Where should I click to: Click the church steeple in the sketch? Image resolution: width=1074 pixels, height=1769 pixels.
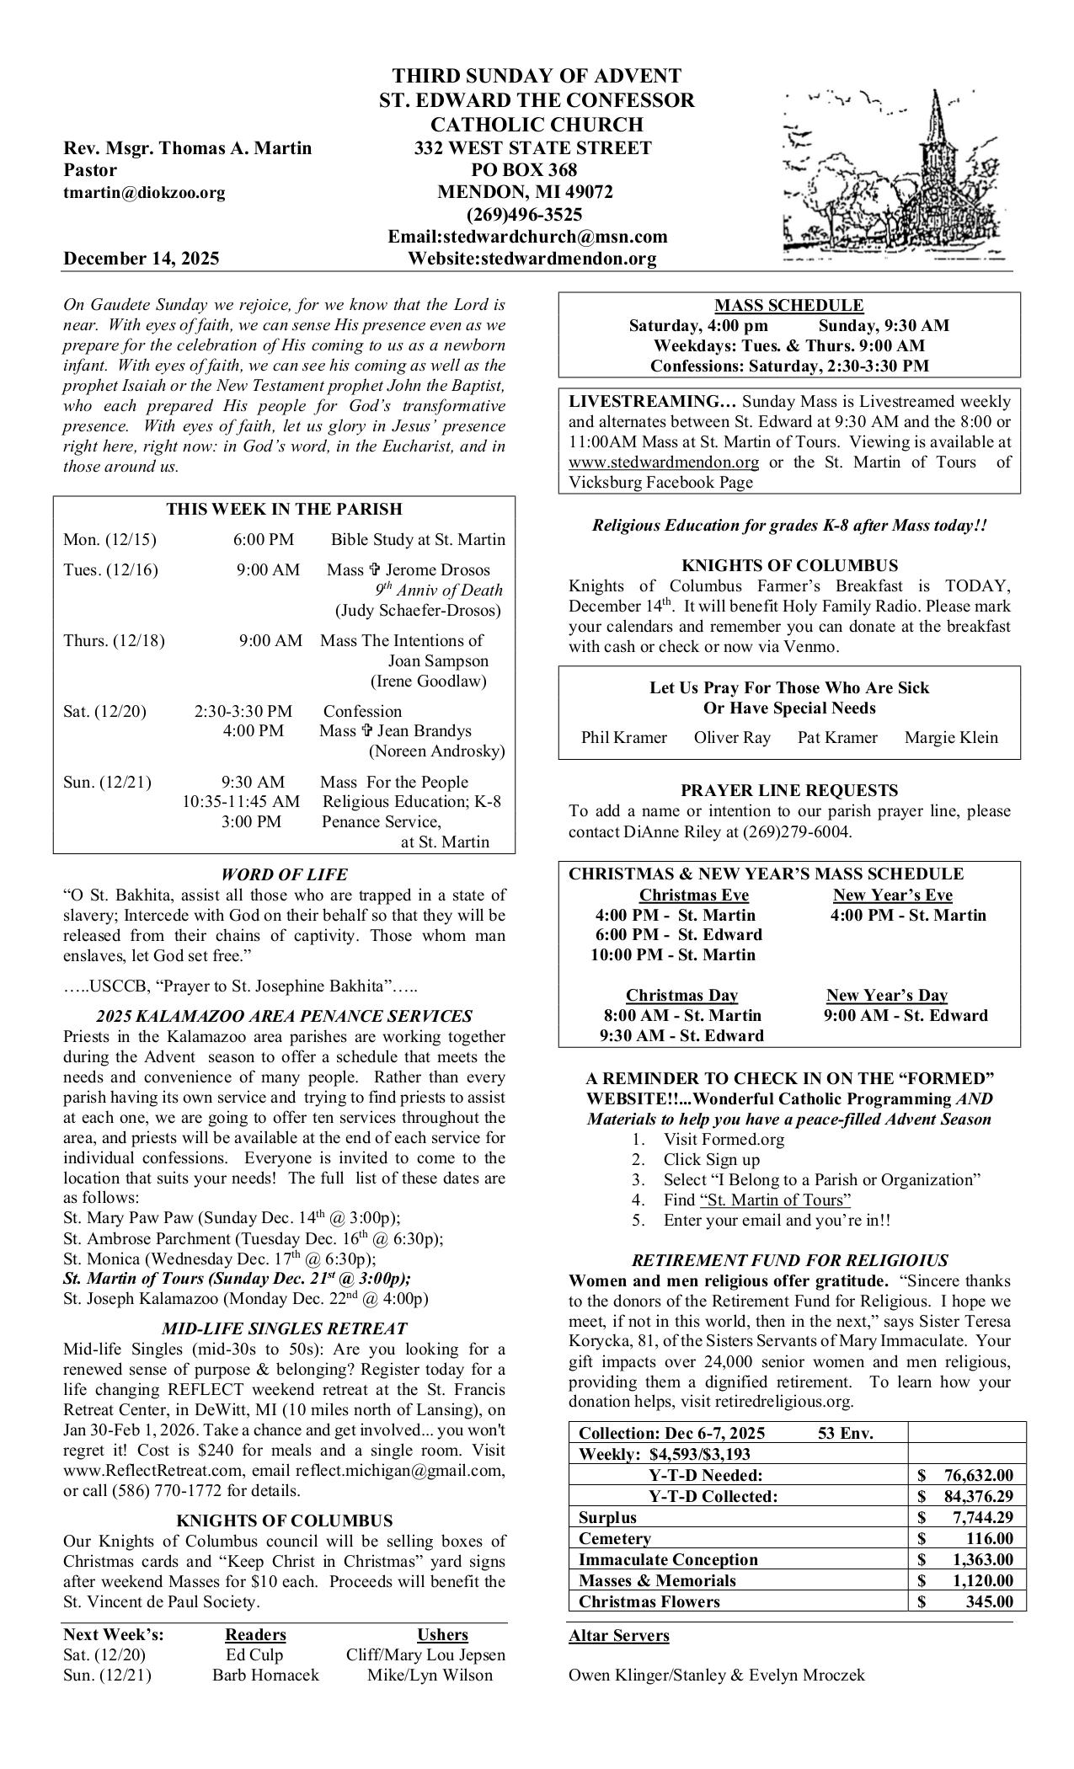[x=935, y=126]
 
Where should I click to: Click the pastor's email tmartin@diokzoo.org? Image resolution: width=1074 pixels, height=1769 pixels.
[x=144, y=193]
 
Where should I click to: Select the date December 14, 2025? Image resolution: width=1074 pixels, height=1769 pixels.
[x=142, y=259]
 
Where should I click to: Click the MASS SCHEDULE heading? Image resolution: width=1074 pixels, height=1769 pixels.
[x=788, y=305]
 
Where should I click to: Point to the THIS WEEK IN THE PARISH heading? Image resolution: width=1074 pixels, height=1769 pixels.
[x=284, y=509]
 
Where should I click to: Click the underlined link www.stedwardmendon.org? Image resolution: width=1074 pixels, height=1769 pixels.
[x=664, y=462]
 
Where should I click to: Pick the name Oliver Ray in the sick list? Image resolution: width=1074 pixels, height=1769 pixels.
[x=732, y=738]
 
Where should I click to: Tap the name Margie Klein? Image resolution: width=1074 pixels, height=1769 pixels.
[x=951, y=738]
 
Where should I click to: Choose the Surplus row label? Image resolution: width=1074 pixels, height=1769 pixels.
[x=607, y=1517]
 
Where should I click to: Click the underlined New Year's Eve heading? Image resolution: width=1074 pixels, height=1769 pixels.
[x=893, y=895]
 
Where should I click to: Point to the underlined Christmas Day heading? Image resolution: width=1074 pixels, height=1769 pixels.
[x=681, y=995]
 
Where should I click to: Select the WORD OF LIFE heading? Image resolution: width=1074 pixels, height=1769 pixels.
[x=284, y=874]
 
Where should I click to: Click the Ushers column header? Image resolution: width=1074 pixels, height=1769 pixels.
[x=442, y=1635]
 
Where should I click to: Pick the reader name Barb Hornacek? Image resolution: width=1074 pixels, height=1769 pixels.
[x=265, y=1675]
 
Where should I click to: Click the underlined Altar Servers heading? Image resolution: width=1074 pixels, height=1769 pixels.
[x=619, y=1636]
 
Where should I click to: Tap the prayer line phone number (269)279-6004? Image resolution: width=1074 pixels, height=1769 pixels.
[x=796, y=832]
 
